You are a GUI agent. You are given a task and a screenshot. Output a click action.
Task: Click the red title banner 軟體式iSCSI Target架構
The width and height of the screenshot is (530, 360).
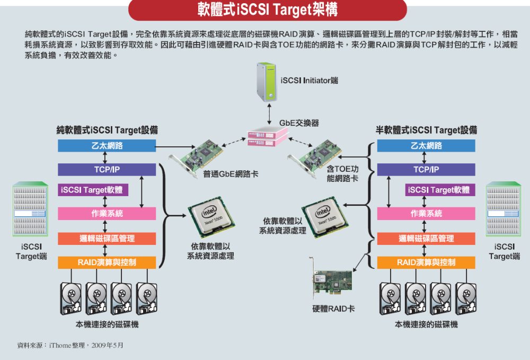click(267, 10)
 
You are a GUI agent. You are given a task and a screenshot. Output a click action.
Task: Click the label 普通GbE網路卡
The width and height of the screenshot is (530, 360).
click(231, 174)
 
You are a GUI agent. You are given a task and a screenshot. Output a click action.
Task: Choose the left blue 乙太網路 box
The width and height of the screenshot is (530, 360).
click(107, 146)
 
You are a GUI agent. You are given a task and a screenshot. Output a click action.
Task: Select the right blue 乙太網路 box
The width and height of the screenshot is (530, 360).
click(426, 146)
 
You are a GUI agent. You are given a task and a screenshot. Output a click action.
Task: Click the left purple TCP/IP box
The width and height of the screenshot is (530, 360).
click(107, 170)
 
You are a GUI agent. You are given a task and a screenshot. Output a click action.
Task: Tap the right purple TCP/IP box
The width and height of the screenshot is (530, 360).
click(426, 170)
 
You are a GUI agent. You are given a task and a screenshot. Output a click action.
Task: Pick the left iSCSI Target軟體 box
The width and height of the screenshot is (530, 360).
click(93, 190)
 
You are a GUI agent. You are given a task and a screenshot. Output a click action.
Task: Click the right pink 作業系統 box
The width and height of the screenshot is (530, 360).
click(426, 214)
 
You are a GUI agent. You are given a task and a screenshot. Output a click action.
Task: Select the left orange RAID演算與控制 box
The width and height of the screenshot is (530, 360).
click(107, 262)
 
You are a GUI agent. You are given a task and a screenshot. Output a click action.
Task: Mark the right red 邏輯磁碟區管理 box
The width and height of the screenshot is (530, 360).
click(426, 239)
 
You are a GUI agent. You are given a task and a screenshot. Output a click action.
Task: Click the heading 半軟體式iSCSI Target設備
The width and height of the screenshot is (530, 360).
click(426, 130)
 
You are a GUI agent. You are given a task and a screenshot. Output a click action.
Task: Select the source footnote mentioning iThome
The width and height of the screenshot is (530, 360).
click(70, 345)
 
